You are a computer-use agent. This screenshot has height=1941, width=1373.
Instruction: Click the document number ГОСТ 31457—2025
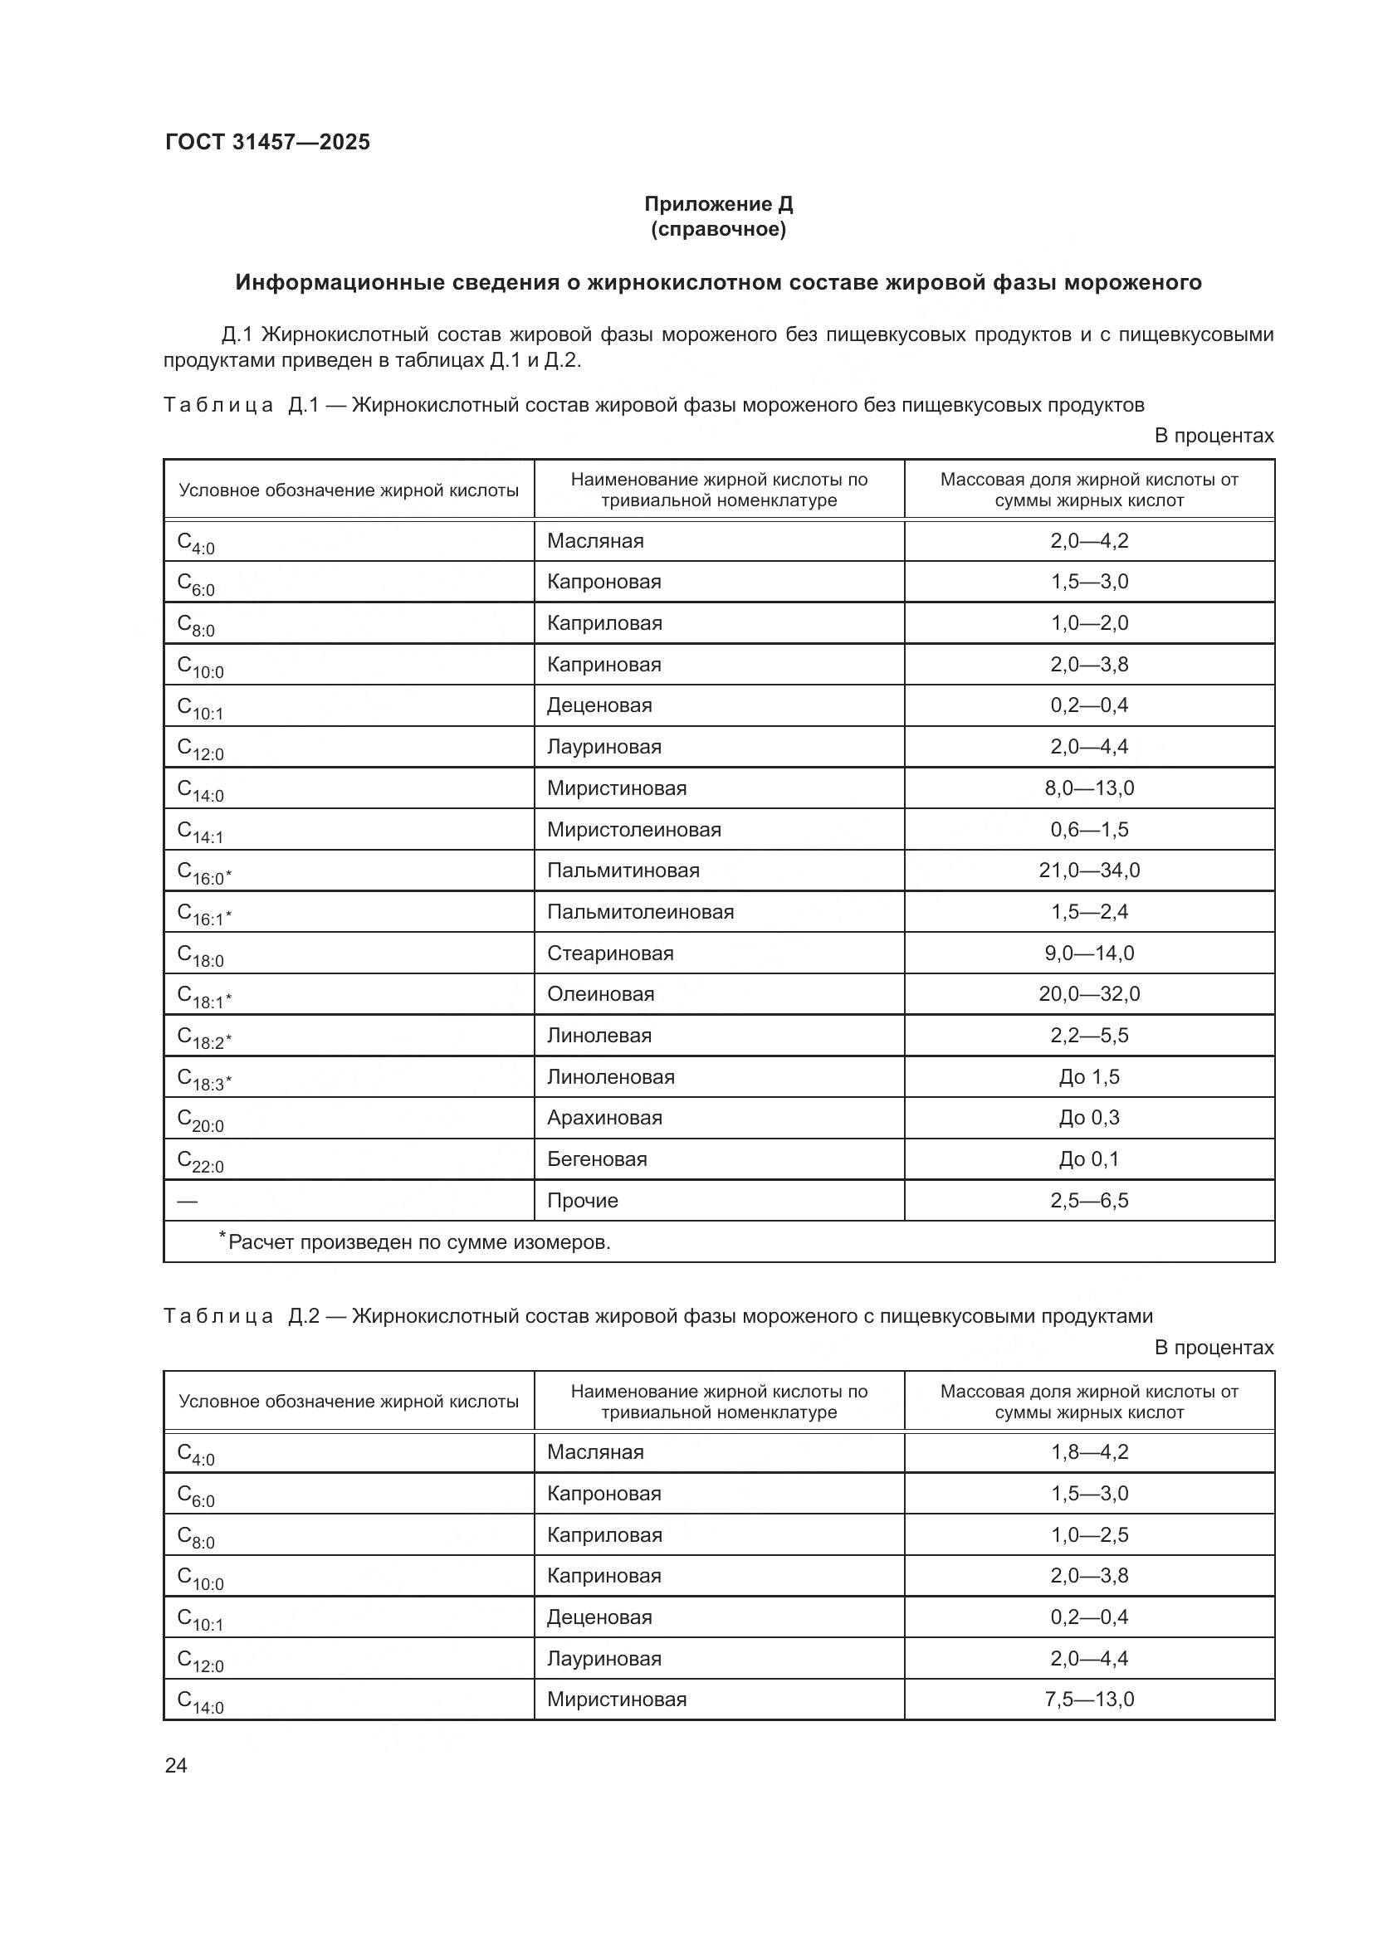[267, 142]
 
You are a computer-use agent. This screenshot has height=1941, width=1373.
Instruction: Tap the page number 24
[176, 1765]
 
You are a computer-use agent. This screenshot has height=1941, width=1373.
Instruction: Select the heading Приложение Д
[718, 204]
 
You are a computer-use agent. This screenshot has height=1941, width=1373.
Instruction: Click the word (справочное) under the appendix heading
[718, 229]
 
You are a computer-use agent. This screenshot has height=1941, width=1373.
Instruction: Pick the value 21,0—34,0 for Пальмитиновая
[1089, 870]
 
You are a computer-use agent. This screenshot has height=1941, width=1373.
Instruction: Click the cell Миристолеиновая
[633, 829]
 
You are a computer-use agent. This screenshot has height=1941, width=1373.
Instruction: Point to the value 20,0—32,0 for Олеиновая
[1089, 993]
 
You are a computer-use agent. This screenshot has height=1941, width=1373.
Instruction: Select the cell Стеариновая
[609, 953]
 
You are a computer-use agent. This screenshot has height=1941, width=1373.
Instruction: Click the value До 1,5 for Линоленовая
[1089, 1076]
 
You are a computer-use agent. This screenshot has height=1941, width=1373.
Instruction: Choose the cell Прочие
[582, 1201]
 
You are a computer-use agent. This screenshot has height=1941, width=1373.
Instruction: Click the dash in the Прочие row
[187, 1201]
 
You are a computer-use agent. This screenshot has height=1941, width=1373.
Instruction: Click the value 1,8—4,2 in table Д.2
[1089, 1451]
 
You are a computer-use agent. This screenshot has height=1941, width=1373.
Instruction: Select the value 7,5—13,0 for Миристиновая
[1089, 1700]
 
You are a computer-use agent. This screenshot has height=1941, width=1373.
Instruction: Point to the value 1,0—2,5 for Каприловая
[1089, 1534]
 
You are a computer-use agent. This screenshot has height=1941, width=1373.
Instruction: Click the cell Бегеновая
[596, 1159]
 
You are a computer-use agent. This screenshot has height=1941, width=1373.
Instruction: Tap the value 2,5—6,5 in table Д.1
[1089, 1201]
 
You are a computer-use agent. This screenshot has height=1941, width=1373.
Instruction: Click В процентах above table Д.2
[1214, 1347]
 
